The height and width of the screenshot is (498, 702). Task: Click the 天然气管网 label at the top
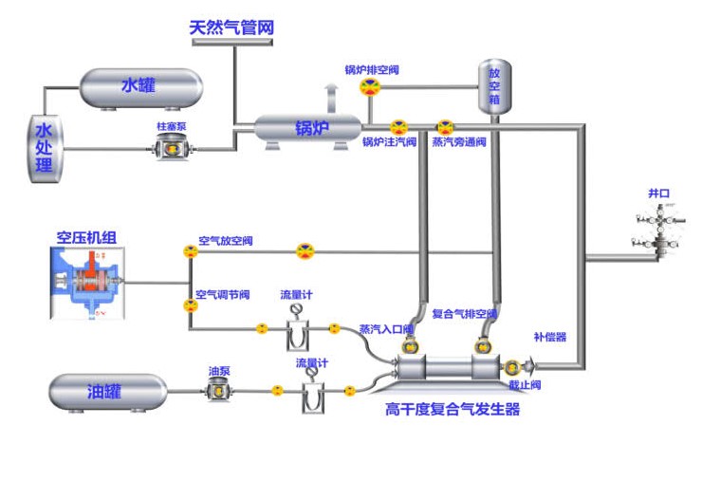click(x=231, y=28)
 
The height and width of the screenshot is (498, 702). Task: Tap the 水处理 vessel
click(x=44, y=149)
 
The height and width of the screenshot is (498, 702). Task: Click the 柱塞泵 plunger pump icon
click(x=174, y=148)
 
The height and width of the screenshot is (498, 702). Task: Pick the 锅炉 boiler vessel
click(x=307, y=128)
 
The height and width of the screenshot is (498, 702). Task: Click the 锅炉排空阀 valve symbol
click(x=370, y=87)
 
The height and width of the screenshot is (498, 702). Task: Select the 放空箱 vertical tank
click(x=494, y=87)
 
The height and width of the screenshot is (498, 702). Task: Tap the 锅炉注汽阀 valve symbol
click(x=398, y=127)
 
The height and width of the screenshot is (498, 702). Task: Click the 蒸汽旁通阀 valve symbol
click(x=444, y=127)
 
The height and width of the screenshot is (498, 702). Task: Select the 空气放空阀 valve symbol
click(x=190, y=252)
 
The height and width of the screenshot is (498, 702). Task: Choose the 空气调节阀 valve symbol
click(x=190, y=305)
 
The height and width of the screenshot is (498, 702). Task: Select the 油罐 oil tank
click(x=107, y=392)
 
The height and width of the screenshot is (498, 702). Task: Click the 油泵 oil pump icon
click(x=217, y=387)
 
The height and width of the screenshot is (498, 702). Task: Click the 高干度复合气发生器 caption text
click(x=453, y=410)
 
